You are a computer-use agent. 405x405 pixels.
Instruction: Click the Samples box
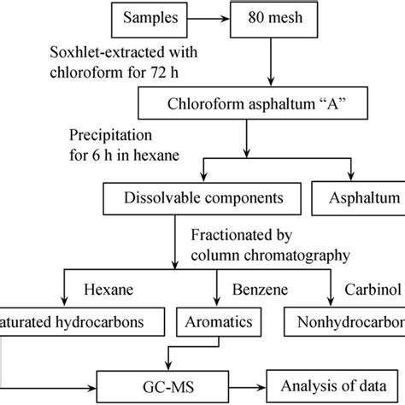tap(150, 17)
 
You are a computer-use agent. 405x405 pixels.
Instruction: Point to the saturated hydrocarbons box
tap(73, 323)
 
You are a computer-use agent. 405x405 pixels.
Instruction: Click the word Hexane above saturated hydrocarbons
tap(110, 291)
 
